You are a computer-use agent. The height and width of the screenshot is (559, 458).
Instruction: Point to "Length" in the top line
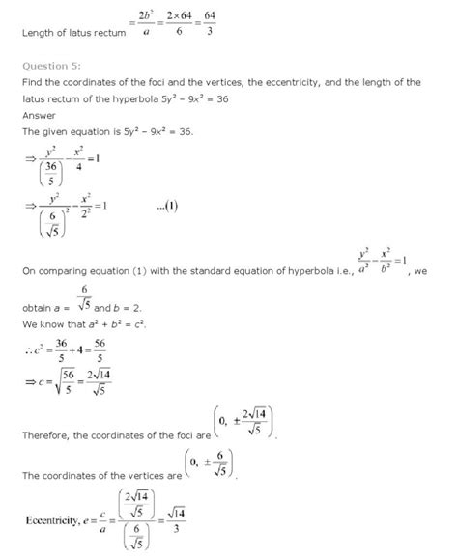pyautogui.click(x=40, y=37)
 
